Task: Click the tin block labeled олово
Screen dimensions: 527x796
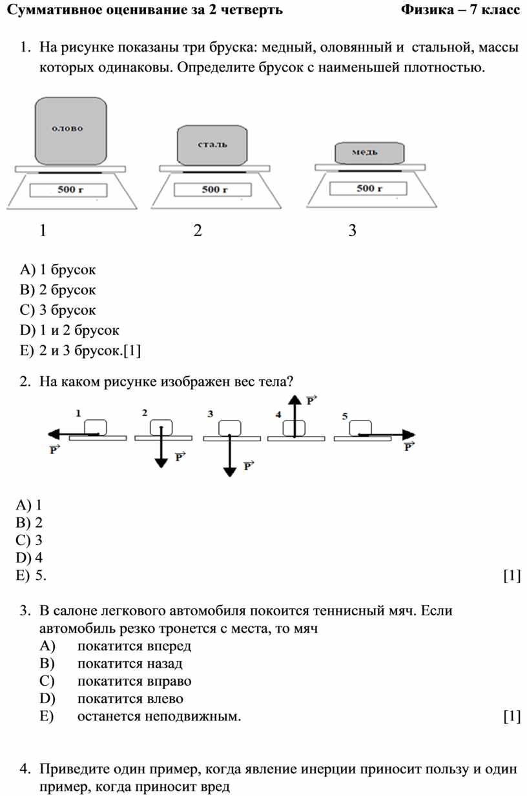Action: [71, 131]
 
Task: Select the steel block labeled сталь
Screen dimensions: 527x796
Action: [212, 145]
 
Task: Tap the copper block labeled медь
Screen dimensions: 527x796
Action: [369, 153]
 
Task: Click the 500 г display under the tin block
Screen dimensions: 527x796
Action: [68, 190]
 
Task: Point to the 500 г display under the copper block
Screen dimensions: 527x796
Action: [368, 188]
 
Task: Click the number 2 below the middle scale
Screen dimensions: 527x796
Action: [198, 230]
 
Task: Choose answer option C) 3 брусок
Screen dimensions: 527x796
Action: [57, 310]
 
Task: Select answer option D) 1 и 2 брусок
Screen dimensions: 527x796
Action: [69, 330]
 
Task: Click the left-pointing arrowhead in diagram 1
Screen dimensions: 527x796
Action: [54, 434]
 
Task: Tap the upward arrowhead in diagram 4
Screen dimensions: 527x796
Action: [294, 400]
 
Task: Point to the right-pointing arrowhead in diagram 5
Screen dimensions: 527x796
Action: [409, 434]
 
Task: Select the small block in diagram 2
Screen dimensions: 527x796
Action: [161, 428]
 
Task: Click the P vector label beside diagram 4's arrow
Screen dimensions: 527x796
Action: [311, 400]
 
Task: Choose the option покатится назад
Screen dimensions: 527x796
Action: [130, 664]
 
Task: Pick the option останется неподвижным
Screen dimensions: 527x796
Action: [159, 717]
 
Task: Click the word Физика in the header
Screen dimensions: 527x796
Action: [428, 10]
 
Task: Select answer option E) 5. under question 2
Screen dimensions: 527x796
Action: [31, 575]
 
